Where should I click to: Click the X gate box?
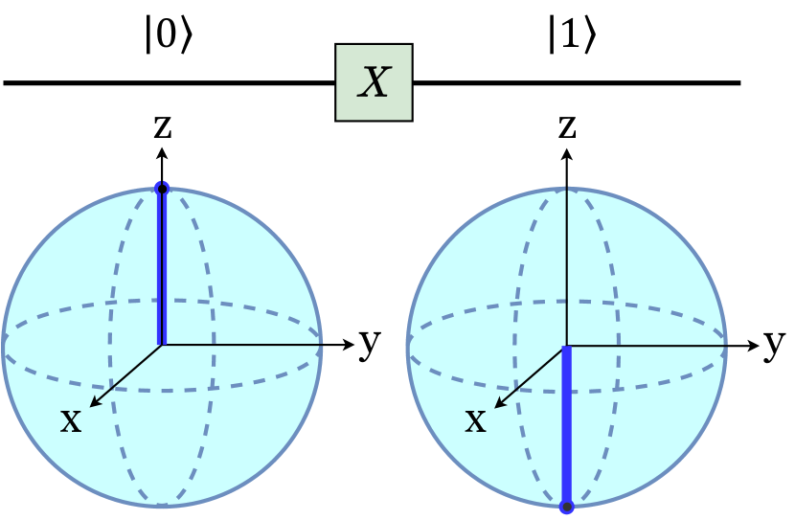374,83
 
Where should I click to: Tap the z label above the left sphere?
162,126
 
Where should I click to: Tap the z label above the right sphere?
568,125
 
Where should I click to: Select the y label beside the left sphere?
368,343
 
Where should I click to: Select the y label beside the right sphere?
774,343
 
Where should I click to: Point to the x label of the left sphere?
71,418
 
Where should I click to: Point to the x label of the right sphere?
476,418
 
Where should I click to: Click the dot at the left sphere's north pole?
162,189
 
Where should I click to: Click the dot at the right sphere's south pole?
567,506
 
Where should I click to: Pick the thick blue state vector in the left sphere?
162,268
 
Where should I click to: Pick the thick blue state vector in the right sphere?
567,426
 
